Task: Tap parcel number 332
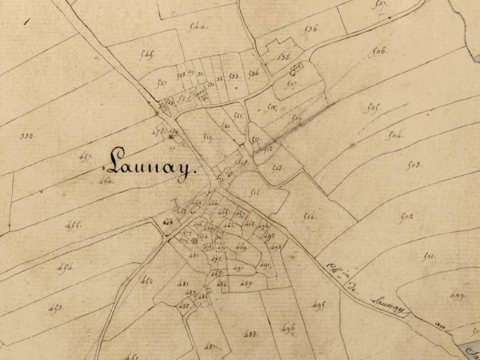click(x=27, y=135)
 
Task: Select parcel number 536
click(x=312, y=29)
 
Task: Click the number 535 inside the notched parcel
click(x=284, y=57)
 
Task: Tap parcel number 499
click(x=457, y=295)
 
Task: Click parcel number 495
click(x=320, y=305)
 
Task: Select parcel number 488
click(x=251, y=333)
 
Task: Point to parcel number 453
click(x=55, y=309)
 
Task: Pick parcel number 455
click(x=73, y=226)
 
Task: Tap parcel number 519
click(x=208, y=139)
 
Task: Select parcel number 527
click(x=162, y=83)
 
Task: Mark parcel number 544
click(x=198, y=27)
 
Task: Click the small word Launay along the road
click(x=386, y=304)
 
